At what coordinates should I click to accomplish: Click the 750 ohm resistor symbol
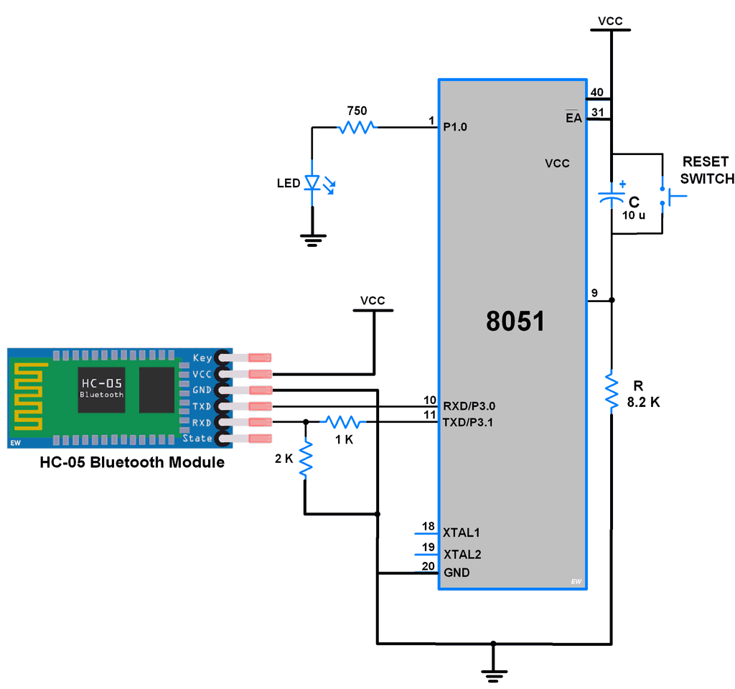pyautogui.click(x=357, y=128)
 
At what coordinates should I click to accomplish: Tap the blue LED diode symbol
pyautogui.click(x=312, y=183)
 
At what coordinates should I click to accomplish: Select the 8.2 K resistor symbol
pyautogui.click(x=611, y=392)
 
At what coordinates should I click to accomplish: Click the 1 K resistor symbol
pyautogui.click(x=343, y=422)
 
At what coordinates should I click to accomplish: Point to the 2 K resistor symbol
pyautogui.click(x=306, y=459)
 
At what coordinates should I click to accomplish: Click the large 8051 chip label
pyautogui.click(x=515, y=321)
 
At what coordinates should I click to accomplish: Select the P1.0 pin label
pyautogui.click(x=455, y=127)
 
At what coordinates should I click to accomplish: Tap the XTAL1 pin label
pyautogui.click(x=462, y=533)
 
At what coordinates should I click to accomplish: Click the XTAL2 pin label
pyautogui.click(x=462, y=554)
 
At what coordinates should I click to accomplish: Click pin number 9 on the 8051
pyautogui.click(x=594, y=292)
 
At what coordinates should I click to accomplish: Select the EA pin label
pyautogui.click(x=574, y=118)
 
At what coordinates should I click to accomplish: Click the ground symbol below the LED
pyautogui.click(x=312, y=240)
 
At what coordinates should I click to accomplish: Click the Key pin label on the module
pyautogui.click(x=202, y=357)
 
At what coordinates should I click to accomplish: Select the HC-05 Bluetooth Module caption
pyautogui.click(x=132, y=463)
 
